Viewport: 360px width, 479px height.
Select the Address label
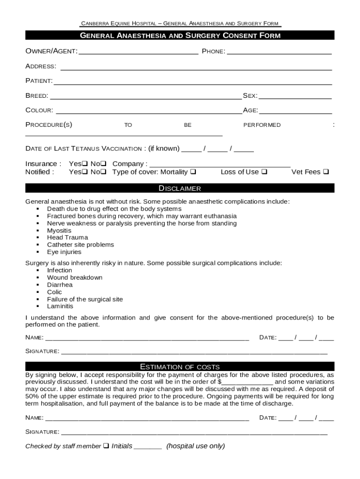[x=41, y=66]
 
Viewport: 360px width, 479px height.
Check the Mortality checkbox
[x=193, y=172]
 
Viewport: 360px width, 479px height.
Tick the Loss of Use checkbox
[x=264, y=172]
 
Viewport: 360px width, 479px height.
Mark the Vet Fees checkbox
[x=326, y=172]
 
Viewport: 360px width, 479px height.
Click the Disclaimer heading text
[x=180, y=189]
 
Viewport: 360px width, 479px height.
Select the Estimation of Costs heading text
[x=180, y=367]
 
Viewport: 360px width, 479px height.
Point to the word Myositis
[x=59, y=231]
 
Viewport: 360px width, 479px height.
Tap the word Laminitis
[x=60, y=306]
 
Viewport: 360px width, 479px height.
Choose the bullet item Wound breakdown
[x=75, y=277]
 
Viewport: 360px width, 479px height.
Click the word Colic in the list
[x=54, y=292]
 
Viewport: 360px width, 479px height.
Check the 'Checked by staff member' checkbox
[x=106, y=446]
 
